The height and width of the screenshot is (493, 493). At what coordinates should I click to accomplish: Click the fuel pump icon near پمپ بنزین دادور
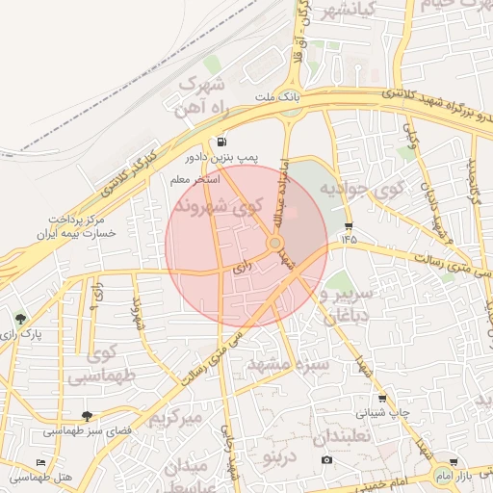click(x=224, y=141)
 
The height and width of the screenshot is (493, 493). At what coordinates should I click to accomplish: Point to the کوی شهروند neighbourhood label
click(x=219, y=206)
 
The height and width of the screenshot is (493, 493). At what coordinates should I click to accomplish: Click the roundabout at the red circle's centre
click(x=275, y=245)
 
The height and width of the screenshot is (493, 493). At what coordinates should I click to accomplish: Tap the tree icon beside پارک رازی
click(x=20, y=319)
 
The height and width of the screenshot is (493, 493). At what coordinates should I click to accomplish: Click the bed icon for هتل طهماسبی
click(x=39, y=463)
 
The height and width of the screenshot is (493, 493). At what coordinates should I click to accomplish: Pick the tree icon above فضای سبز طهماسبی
click(x=88, y=416)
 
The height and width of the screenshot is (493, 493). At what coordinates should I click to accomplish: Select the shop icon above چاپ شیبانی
click(x=381, y=399)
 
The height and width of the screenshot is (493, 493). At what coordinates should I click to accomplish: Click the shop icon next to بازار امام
click(x=453, y=463)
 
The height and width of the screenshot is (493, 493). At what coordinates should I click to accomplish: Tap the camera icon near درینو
click(x=327, y=459)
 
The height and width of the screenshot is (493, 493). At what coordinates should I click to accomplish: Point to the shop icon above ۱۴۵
click(x=348, y=227)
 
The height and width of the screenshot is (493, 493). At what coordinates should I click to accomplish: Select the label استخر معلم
click(x=194, y=180)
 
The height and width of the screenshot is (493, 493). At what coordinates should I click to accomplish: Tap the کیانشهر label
click(x=332, y=12)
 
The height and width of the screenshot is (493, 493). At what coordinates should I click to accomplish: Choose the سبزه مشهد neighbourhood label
click(x=289, y=365)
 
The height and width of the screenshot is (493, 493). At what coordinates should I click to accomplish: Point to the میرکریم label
click(x=175, y=419)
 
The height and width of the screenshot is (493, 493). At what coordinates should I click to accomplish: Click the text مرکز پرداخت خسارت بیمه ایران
click(x=71, y=225)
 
